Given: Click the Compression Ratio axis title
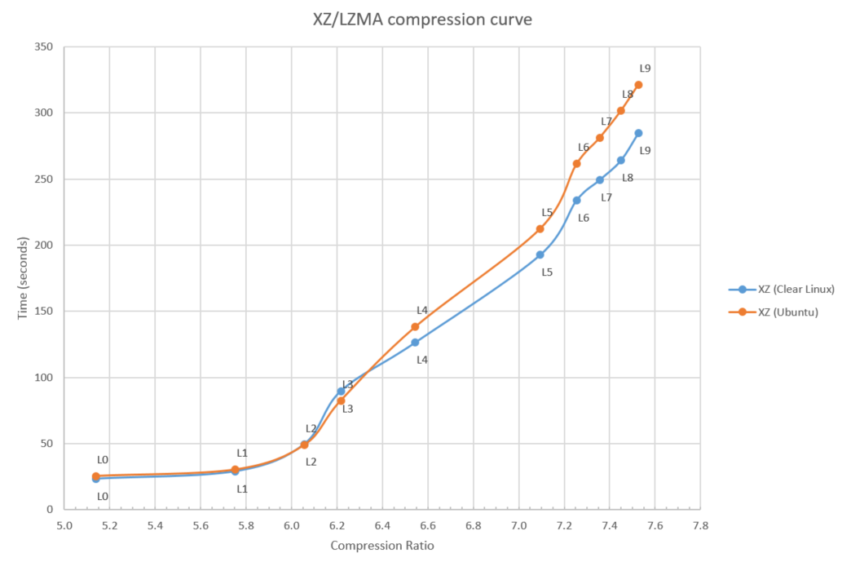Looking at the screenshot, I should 381,546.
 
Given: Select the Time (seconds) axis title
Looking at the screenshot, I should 24,278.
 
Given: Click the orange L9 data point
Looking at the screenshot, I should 638,85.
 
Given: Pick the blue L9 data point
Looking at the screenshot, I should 638,133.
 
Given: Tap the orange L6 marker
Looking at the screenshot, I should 576,164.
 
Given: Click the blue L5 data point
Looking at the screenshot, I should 540,254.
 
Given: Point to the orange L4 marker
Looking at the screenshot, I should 415,327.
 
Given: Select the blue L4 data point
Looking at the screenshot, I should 415,343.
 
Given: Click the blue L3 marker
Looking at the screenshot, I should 341,392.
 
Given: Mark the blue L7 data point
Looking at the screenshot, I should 600,180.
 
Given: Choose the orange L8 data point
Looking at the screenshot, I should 621,111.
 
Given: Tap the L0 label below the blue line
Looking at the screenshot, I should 103,496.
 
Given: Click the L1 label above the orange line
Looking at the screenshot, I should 242,454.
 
